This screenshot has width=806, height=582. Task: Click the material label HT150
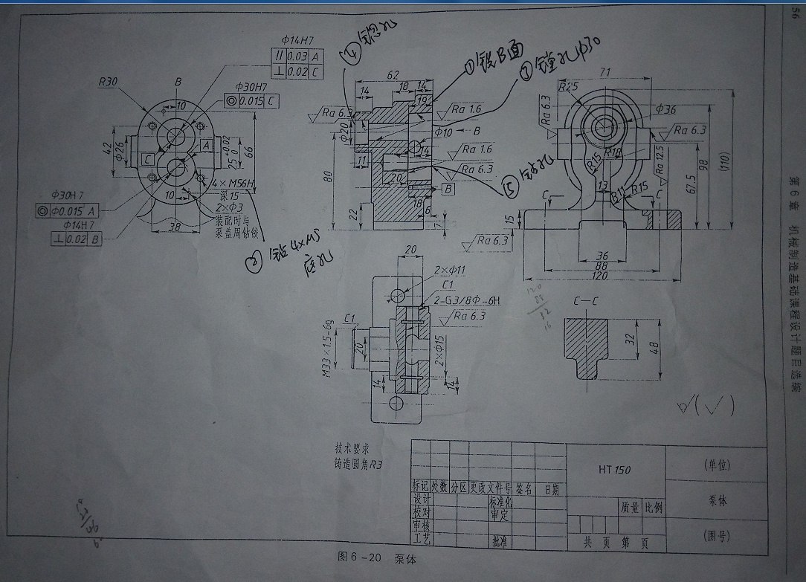[614, 469]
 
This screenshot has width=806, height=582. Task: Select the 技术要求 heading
[352, 448]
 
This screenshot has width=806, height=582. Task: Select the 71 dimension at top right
[604, 72]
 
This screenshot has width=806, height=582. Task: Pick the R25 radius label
[569, 86]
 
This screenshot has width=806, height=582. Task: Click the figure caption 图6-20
[358, 556]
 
